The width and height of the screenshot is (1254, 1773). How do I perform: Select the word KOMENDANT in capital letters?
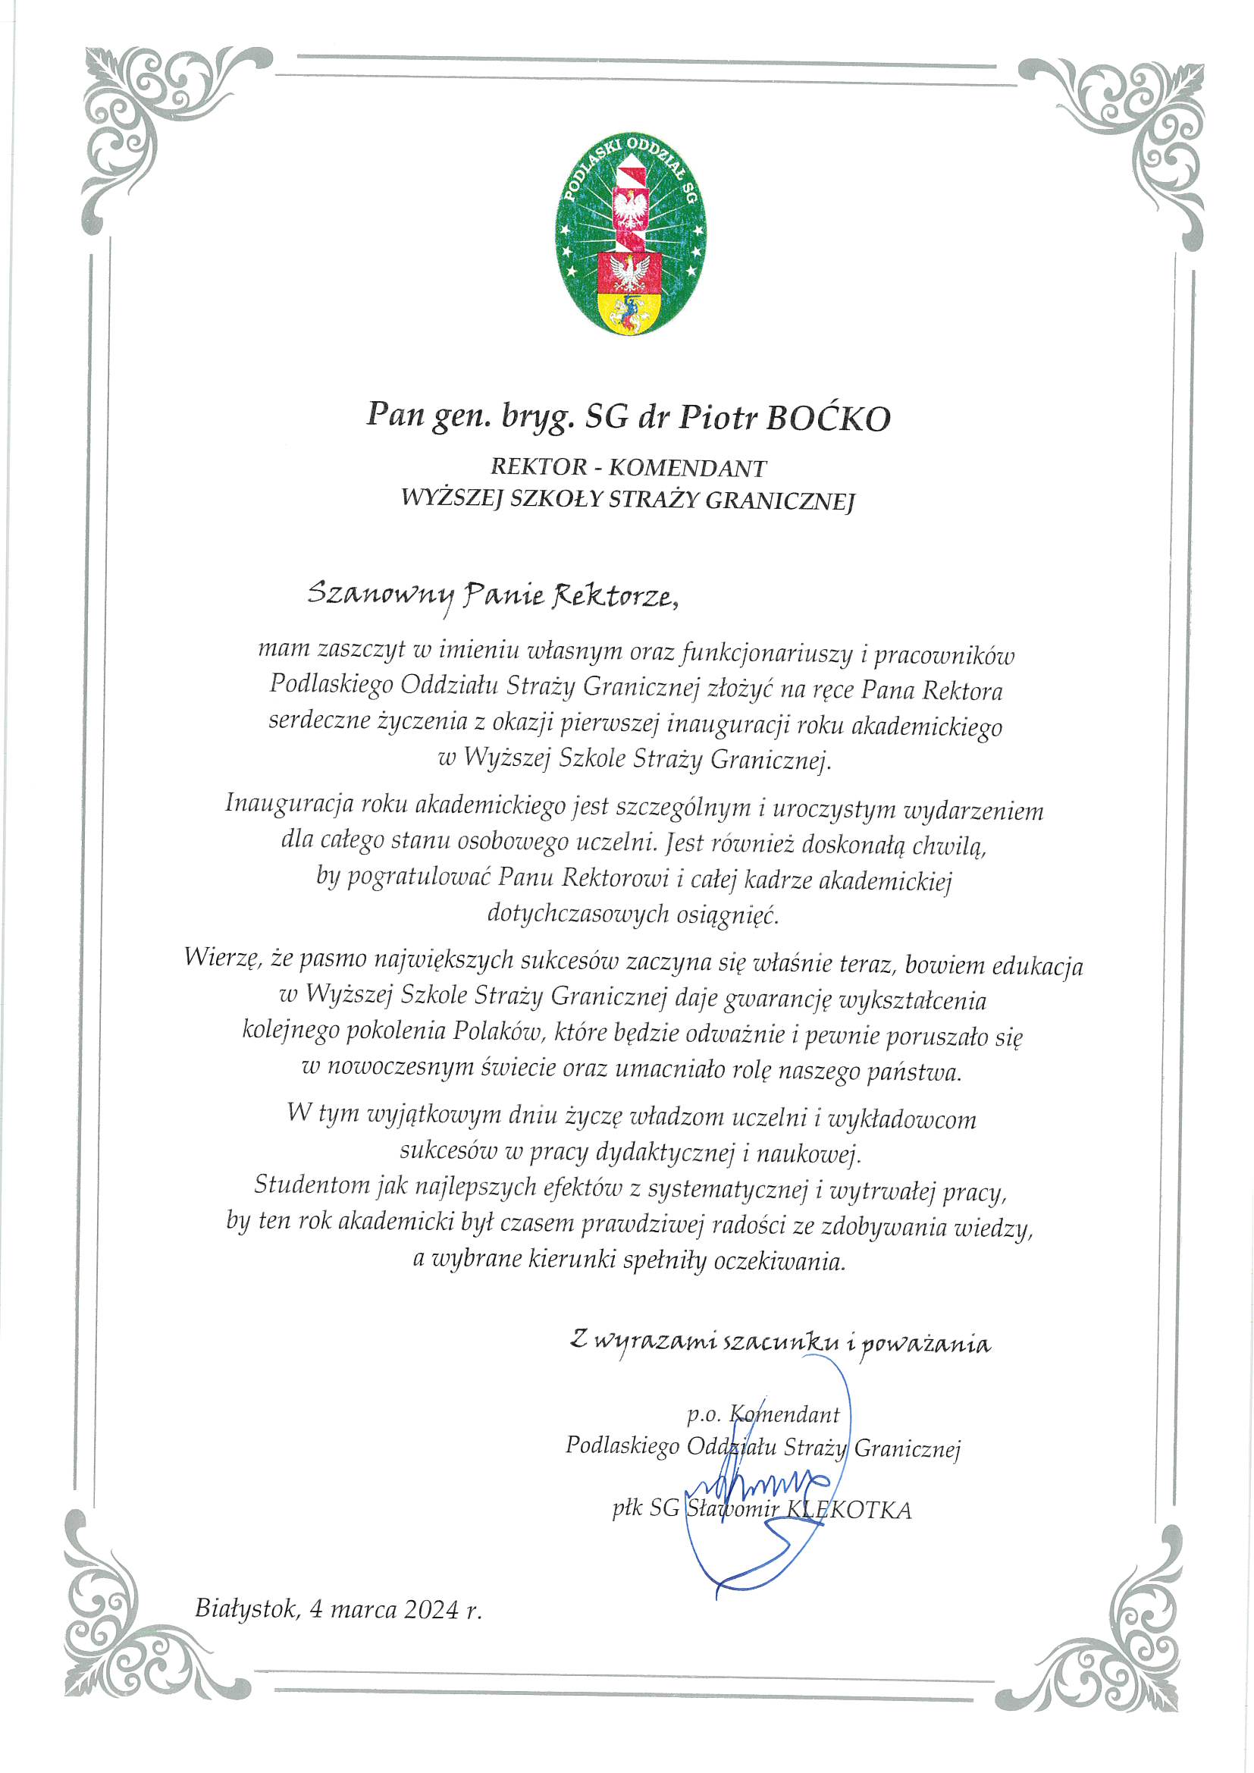pyautogui.click(x=687, y=468)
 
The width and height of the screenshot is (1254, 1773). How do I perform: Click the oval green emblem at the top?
pyautogui.click(x=631, y=231)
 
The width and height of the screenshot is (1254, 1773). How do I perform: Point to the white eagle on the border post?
pyautogui.click(x=630, y=205)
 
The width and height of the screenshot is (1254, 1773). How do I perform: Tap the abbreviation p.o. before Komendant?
pyautogui.click(x=703, y=1415)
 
